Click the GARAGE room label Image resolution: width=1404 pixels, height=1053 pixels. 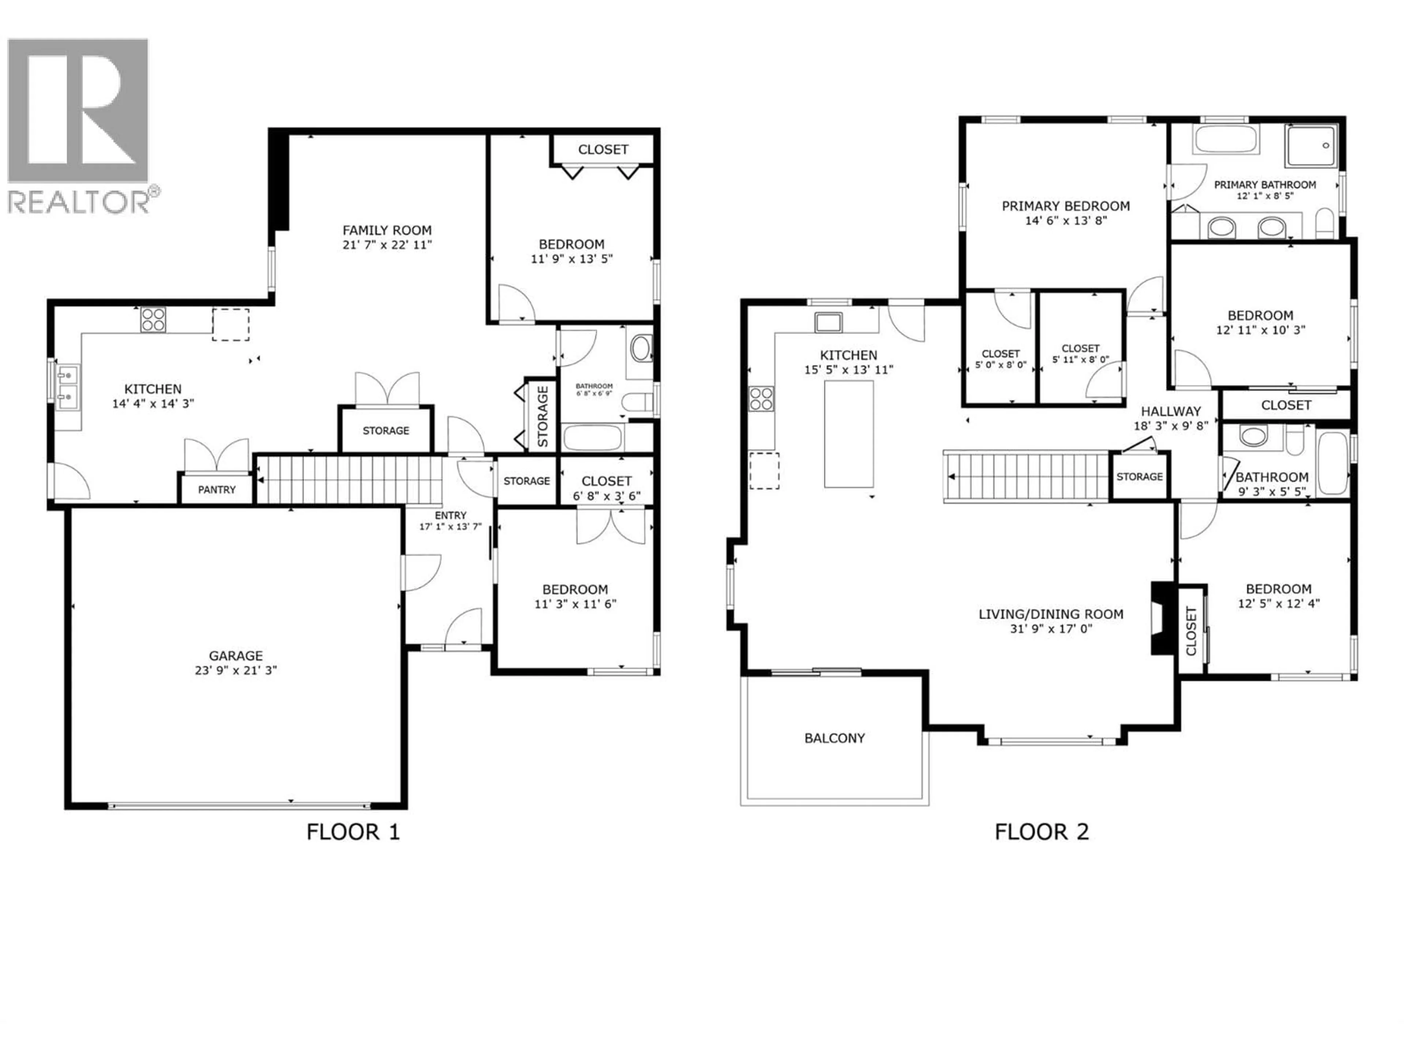click(x=235, y=656)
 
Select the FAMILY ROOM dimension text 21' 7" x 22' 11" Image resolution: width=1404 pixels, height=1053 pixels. click(x=387, y=245)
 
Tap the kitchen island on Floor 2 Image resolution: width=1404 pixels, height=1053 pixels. click(x=849, y=434)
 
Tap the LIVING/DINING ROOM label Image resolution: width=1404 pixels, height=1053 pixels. click(x=1050, y=614)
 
